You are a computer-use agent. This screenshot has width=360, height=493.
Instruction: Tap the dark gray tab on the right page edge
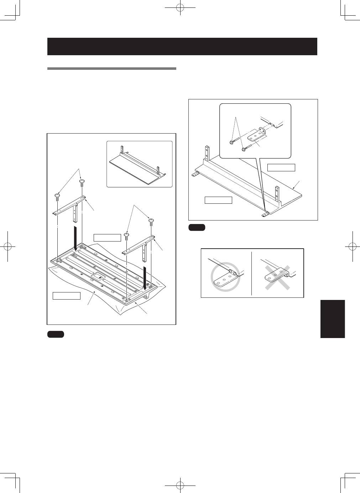tap(333, 319)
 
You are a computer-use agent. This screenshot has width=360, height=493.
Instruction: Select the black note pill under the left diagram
tap(55, 334)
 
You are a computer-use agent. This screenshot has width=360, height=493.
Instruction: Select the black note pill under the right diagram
tap(197, 228)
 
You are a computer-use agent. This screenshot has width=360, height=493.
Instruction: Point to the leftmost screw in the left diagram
tap(57, 196)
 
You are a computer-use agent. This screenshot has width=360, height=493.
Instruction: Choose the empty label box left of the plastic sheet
tap(67, 295)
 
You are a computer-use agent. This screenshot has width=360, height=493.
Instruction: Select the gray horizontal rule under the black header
tap(112, 68)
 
